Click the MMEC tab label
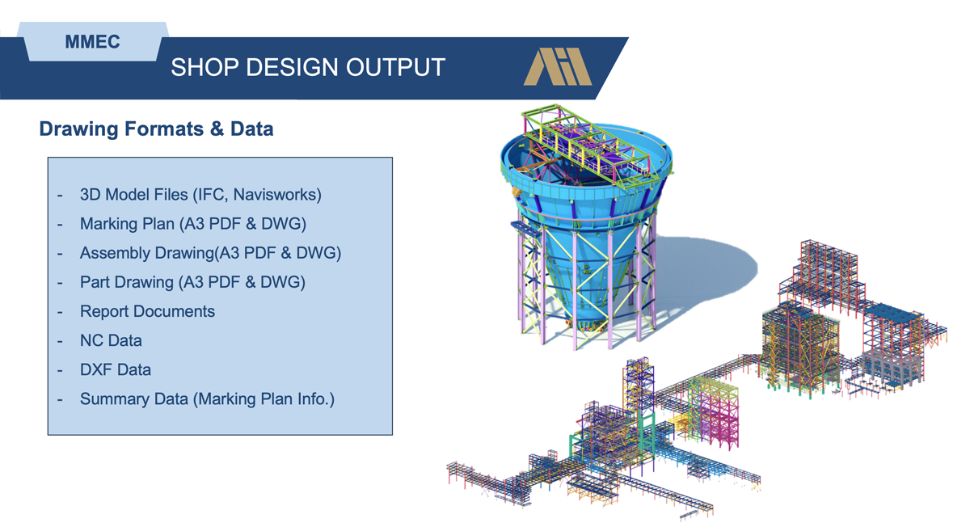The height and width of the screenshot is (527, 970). pos(92,42)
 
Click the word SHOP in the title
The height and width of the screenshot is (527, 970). pos(205,68)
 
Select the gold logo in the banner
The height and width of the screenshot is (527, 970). pos(558,66)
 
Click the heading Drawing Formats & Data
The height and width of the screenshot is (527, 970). pos(156,129)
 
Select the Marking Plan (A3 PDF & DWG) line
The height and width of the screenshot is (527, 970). pos(193,224)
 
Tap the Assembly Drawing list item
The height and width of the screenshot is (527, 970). pos(210,253)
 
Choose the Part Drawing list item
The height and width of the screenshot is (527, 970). pos(192,282)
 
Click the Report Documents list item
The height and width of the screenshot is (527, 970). pos(147,311)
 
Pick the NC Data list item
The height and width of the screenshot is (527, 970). pos(111,341)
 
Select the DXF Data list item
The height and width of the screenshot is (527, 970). pos(116,370)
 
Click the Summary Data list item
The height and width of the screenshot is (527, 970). pos(208,399)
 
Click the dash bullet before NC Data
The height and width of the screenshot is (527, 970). pos(60,341)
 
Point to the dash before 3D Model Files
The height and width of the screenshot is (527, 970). pos(60,196)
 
